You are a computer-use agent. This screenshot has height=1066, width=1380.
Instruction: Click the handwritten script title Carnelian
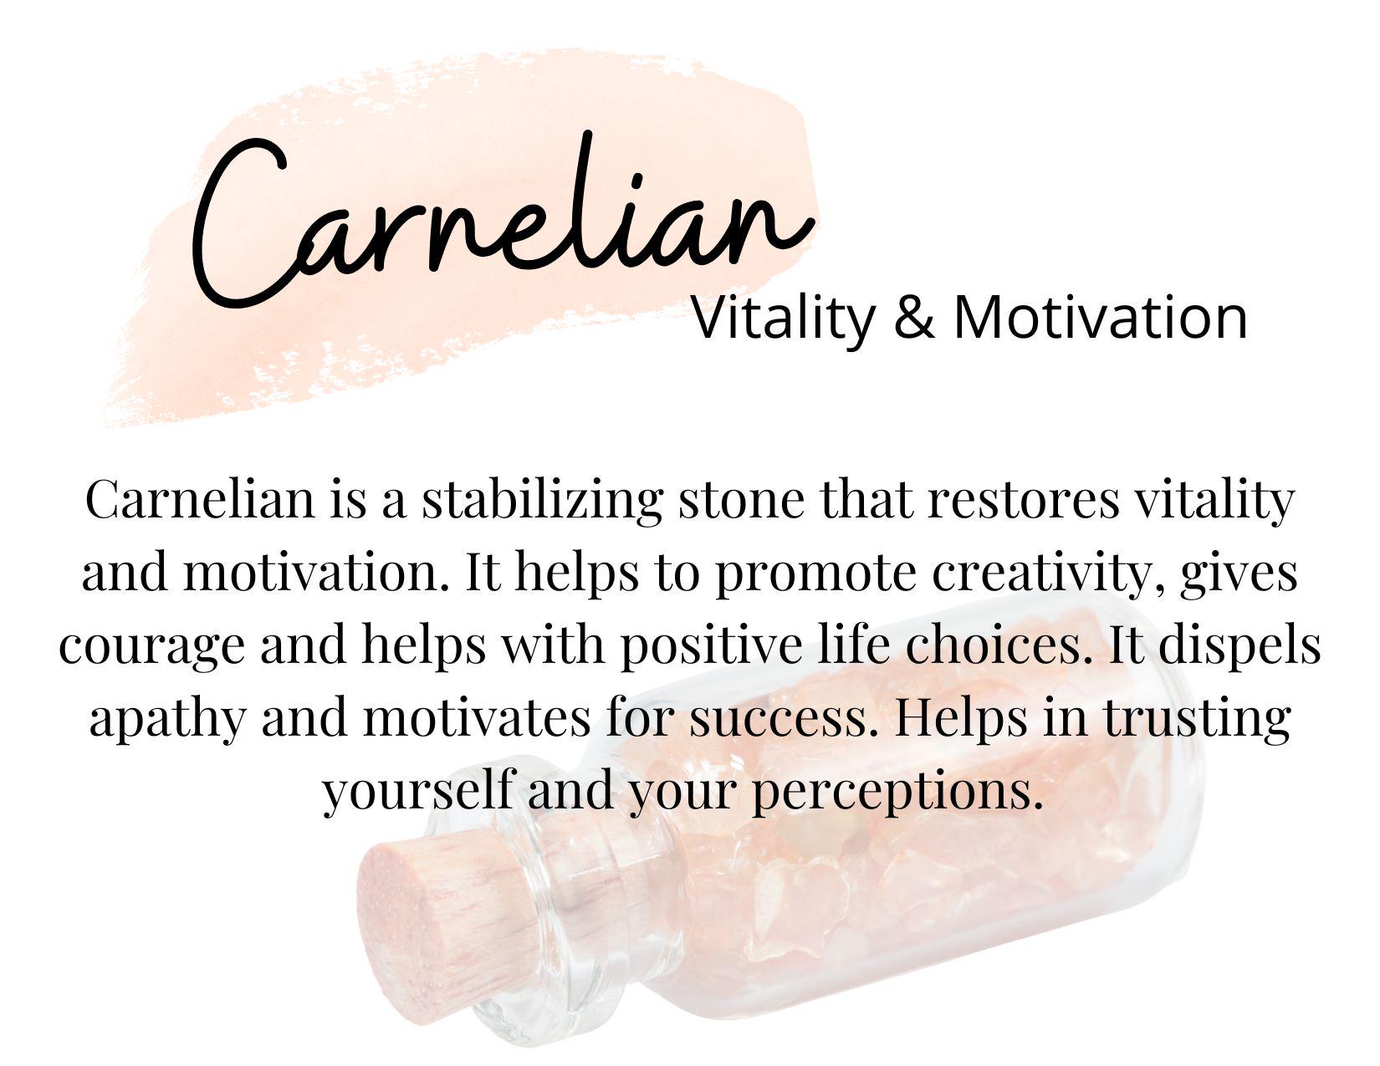tap(502, 219)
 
